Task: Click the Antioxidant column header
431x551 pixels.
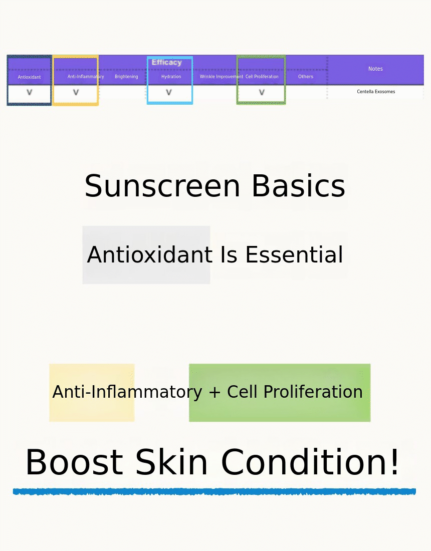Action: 29,77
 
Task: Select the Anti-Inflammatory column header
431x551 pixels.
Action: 86,77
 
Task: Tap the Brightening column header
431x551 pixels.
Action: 126,77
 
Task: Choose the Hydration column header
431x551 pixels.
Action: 171,77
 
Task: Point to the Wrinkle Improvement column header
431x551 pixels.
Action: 222,77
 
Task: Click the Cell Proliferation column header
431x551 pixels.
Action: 262,77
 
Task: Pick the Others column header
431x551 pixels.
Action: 306,77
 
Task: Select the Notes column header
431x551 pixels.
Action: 375,69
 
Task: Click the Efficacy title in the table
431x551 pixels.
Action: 166,63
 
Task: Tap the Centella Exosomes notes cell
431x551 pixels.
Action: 376,92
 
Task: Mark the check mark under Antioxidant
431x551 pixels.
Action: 30,93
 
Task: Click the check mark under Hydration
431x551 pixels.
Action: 169,93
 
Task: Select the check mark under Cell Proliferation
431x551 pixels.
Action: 262,93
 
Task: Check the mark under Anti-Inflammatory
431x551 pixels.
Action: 76,93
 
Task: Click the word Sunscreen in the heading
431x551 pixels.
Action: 162,186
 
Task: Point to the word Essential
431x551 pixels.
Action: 294,255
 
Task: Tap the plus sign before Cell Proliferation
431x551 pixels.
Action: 214,392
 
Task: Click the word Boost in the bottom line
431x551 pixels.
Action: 74,462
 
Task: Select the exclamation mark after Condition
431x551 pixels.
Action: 395,462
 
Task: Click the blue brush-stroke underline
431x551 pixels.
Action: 214,491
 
